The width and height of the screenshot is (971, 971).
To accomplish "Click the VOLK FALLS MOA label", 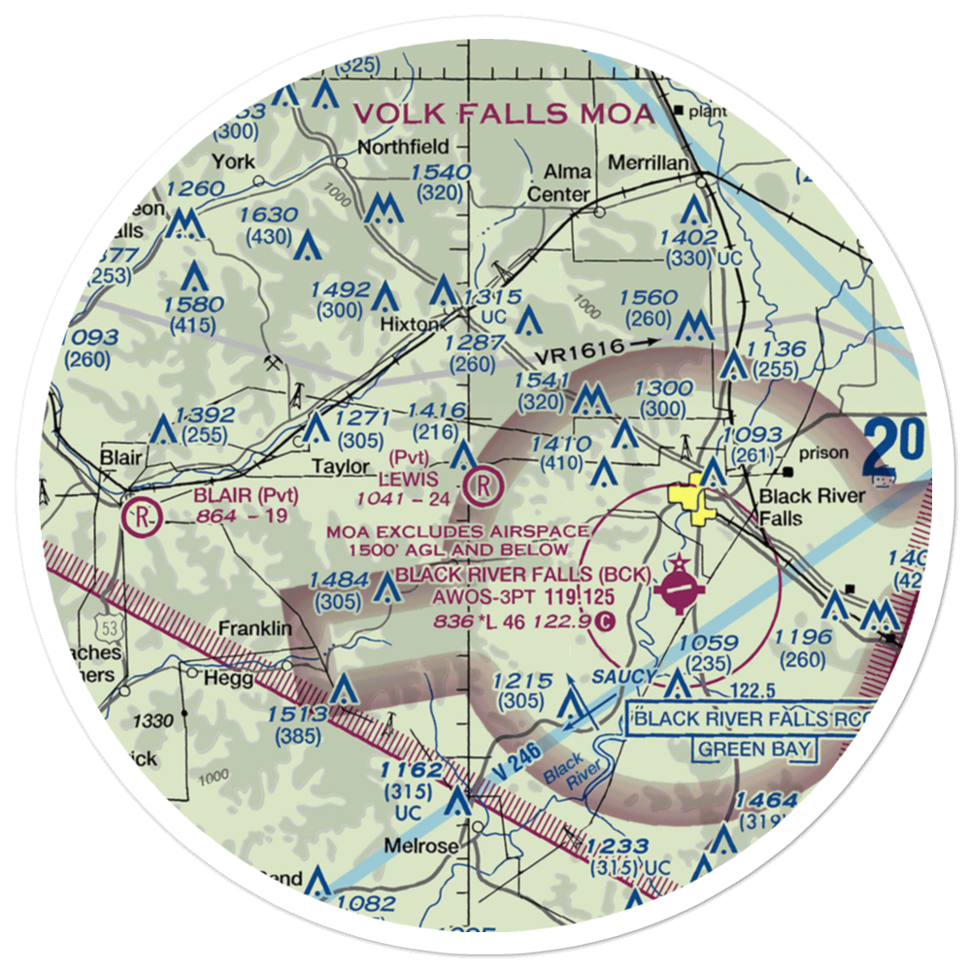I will pyautogui.click(x=503, y=113).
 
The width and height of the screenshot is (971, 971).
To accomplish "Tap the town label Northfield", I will pyautogui.click(x=403, y=147).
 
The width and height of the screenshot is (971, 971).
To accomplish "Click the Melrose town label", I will pyautogui.click(x=421, y=846).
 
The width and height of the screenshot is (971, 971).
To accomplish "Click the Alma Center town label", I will pyautogui.click(x=558, y=183).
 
